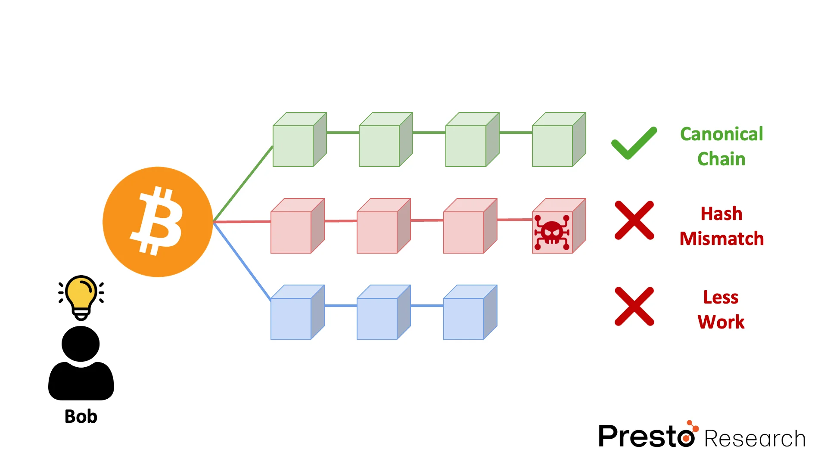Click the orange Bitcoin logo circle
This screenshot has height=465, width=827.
(x=158, y=222)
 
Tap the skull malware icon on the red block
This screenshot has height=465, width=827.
(x=552, y=232)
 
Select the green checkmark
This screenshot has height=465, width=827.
(x=634, y=144)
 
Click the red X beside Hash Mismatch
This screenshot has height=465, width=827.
(x=634, y=220)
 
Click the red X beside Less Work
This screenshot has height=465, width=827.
(x=634, y=307)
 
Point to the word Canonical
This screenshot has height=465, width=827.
(x=721, y=134)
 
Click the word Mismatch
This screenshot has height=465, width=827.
(x=721, y=239)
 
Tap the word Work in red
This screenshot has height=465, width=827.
(x=721, y=322)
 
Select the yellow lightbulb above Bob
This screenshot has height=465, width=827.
(x=81, y=295)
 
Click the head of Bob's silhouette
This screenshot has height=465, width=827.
(x=81, y=344)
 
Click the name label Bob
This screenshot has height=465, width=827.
(x=81, y=416)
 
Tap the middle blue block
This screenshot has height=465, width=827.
(x=381, y=314)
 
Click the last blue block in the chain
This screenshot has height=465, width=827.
(x=468, y=314)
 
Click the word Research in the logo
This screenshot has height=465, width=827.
(x=755, y=439)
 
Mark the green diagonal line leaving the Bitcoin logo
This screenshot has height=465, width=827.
(x=243, y=184)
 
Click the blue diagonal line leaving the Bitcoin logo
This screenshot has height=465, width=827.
(x=242, y=261)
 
